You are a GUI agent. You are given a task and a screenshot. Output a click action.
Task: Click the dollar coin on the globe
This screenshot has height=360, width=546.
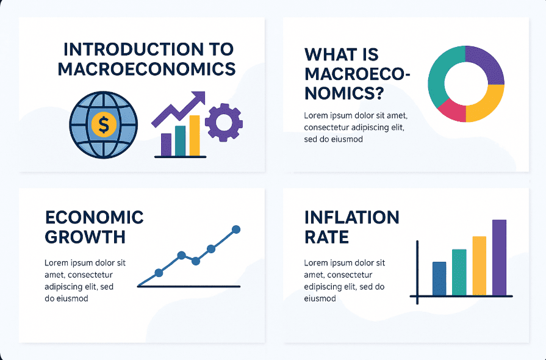[x=104, y=124]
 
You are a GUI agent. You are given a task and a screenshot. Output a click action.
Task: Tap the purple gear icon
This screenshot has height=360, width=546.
[x=224, y=123]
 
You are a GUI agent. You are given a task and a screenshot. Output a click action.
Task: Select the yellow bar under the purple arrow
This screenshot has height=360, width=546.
[x=195, y=135]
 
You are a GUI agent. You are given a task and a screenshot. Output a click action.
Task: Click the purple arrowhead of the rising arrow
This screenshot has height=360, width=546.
[x=198, y=98]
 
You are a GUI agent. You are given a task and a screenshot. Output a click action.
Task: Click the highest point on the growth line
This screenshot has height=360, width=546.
[x=236, y=229]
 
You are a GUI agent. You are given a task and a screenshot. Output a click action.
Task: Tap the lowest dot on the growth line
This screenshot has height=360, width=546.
[x=159, y=273]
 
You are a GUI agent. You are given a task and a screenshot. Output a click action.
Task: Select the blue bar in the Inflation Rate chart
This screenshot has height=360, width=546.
[x=439, y=278]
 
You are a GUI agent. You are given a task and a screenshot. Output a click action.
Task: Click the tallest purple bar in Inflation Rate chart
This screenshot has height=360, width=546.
[x=500, y=257]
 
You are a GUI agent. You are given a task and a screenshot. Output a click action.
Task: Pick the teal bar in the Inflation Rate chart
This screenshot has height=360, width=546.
[x=459, y=272]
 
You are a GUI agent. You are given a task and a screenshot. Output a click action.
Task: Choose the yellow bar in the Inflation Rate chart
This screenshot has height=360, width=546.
[x=479, y=266]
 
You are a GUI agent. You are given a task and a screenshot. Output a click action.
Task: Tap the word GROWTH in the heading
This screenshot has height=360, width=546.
[x=85, y=237]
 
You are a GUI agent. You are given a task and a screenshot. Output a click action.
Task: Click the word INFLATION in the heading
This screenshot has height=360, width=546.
[x=351, y=218]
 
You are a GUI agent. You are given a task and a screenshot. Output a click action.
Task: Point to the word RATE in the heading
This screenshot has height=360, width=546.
[x=326, y=237]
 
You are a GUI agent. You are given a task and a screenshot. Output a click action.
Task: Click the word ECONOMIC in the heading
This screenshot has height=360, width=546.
[x=94, y=218]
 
